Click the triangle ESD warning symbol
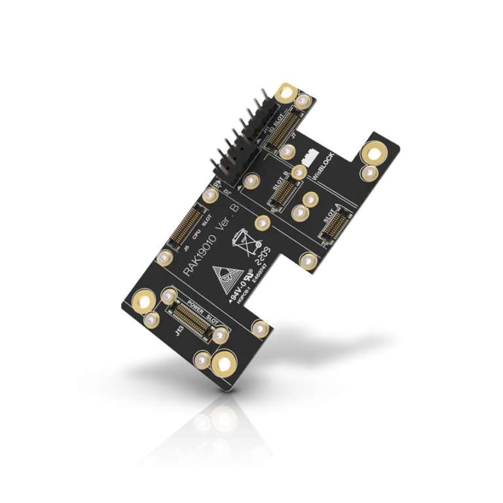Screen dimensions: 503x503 (x=227, y=276)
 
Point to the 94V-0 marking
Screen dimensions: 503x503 (x=240, y=288)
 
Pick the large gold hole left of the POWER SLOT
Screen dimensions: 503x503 (x=142, y=302)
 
